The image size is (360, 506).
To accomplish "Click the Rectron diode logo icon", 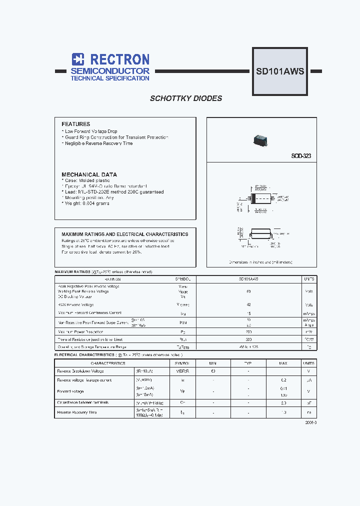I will pos(77,59).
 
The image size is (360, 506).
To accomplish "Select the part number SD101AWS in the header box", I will pos(280,71).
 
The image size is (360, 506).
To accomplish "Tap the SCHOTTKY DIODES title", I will pos(186,98).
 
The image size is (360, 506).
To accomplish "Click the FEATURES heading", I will pos(75,124).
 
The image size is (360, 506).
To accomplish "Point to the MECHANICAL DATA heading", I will pos(89,174).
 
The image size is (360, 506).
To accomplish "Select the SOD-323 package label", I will pos(301,156).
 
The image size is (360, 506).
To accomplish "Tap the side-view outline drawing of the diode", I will pos(259,234).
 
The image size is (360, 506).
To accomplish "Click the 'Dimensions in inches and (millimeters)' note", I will pos(260,262).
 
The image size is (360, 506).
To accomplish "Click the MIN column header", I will pos(213,363).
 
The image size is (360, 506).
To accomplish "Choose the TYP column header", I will pos(248,363).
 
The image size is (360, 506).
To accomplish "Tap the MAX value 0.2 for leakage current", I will pos(283,380).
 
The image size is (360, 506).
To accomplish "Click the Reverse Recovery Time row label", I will pos(77,412).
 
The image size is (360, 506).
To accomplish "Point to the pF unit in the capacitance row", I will pos(308,402).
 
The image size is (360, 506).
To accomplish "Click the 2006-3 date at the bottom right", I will pos(310,422).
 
